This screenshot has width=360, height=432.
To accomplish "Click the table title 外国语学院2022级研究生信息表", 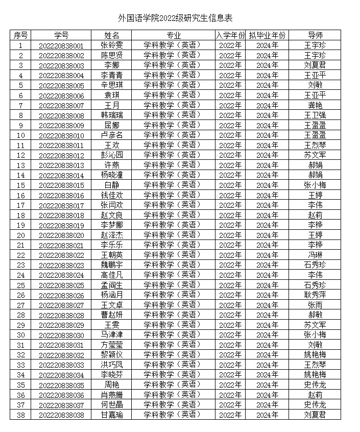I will click(175, 18).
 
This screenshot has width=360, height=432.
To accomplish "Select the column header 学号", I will click(61, 35).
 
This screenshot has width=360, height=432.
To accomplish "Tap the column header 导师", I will click(315, 35).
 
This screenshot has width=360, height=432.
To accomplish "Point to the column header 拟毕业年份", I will click(267, 35).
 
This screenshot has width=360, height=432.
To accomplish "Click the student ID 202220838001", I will click(61, 45).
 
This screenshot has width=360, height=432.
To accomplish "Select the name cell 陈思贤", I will click(111, 55).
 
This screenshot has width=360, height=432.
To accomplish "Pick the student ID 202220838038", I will click(61, 415).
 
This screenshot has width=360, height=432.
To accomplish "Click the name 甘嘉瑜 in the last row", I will click(111, 415).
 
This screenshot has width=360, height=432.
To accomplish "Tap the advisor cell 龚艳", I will click(315, 105).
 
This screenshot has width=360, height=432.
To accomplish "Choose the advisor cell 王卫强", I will click(315, 115).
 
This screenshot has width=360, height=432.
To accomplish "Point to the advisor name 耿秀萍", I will click(315, 295).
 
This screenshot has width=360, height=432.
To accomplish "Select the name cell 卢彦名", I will click(111, 135).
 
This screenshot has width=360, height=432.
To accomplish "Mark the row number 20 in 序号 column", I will click(20, 235).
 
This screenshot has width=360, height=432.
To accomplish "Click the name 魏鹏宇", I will click(111, 265).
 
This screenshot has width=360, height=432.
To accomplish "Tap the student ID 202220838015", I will click(61, 185).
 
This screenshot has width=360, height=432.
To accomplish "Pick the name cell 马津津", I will click(111, 335).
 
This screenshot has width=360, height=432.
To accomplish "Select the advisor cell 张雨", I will click(315, 305).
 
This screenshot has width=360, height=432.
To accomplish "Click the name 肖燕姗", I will click(111, 395).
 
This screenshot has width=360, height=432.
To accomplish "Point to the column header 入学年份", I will click(230, 35).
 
